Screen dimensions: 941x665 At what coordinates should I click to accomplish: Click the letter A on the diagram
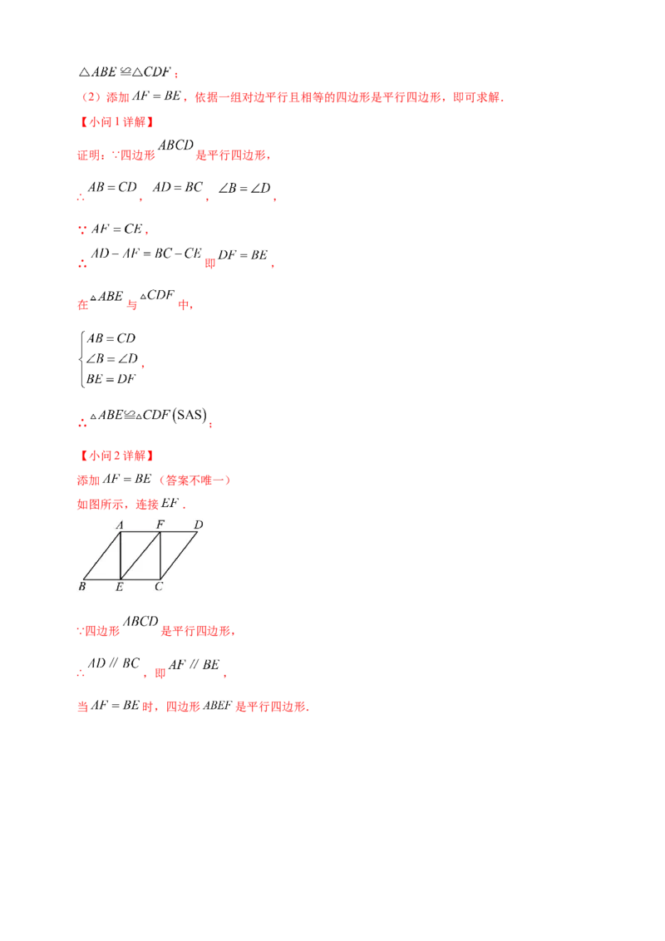tap(120, 525)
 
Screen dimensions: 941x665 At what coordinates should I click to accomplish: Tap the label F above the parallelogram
tap(160, 525)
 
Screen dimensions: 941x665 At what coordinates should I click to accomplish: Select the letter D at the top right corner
tap(198, 525)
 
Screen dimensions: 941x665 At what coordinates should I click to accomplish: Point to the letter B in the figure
tap(82, 587)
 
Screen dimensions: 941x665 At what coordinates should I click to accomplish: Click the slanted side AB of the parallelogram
tap(102, 555)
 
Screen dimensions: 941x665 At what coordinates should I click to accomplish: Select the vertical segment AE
tap(121, 555)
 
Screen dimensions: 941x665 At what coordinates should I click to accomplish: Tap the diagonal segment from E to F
tap(140, 555)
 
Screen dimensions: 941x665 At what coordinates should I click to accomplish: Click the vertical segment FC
tap(160, 555)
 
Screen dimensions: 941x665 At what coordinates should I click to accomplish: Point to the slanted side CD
tap(179, 555)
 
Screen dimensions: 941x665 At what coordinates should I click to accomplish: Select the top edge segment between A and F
tap(140, 532)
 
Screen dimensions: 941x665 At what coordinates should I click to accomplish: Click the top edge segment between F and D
tap(179, 532)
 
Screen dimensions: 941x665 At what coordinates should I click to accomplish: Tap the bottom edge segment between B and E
tap(102, 579)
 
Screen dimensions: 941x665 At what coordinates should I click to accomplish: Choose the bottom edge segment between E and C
tap(140, 579)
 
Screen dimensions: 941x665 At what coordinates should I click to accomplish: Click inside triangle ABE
tap(110, 564)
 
